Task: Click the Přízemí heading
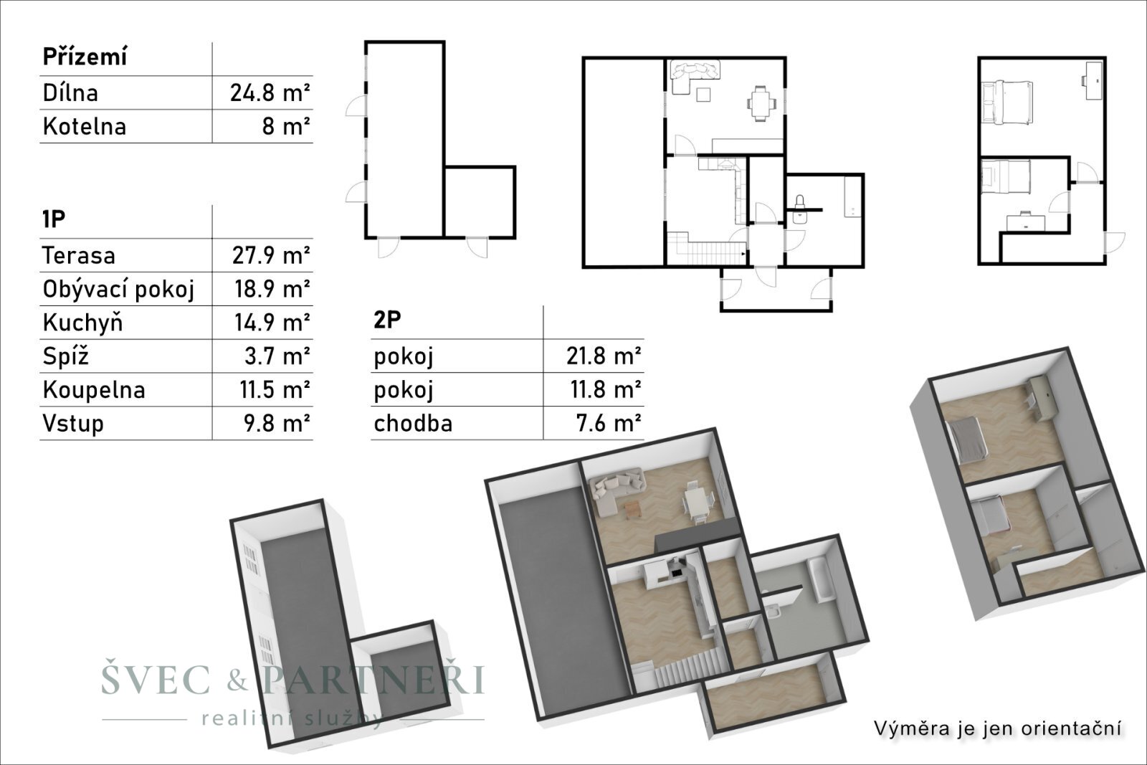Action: point(85,57)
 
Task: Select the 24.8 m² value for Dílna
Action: point(270,92)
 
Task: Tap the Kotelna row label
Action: point(85,126)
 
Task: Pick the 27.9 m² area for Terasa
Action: point(271,255)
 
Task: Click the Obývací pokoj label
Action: point(119,290)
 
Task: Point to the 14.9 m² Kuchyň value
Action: point(272,323)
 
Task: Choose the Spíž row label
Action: point(65,356)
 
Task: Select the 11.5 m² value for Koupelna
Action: point(275,389)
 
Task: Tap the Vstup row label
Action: point(73,424)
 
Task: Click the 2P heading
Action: point(388,320)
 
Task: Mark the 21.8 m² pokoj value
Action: point(604,356)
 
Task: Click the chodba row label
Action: point(413,424)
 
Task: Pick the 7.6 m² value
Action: point(609,424)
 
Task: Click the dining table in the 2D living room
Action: point(761,103)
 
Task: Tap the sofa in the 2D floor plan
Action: point(694,76)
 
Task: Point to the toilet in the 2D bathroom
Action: point(799,209)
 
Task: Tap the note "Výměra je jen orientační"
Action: point(998,728)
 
